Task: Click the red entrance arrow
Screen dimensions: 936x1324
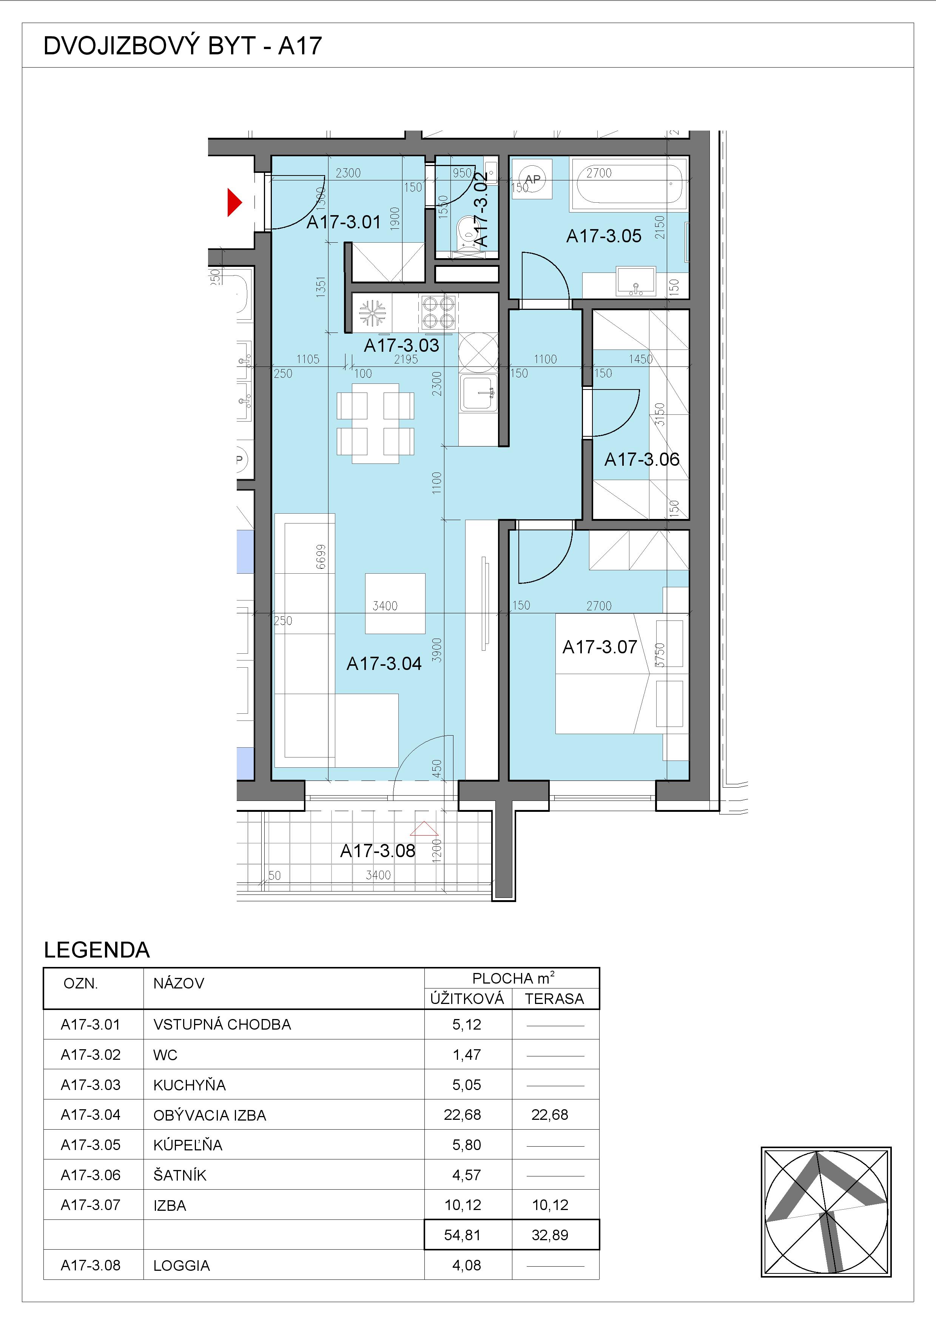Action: pos(234,202)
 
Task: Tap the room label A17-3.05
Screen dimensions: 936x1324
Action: pos(603,236)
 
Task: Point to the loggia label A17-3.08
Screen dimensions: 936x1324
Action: pos(377,851)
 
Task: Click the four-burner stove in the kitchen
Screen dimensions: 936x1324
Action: pos(438,312)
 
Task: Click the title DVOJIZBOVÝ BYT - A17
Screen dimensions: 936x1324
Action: pos(182,46)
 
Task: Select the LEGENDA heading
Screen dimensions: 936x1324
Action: pos(97,950)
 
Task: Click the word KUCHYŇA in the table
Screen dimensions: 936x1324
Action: pos(189,1085)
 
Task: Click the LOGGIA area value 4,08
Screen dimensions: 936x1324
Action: pos(467,1265)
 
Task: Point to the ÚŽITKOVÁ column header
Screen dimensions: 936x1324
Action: pos(467,998)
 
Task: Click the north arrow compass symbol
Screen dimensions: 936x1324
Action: pos(826,1212)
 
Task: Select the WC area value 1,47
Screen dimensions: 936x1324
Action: pos(467,1055)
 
